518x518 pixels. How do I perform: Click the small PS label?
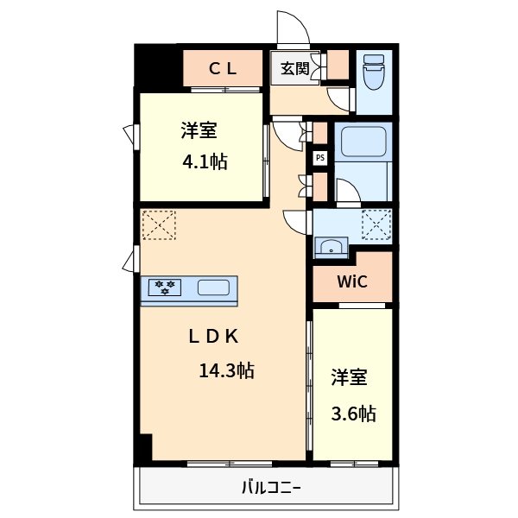coord(320,158)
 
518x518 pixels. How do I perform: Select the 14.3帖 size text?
coord(226,371)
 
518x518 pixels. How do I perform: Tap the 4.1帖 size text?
coord(205,161)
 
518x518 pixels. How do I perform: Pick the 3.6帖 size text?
coord(354,414)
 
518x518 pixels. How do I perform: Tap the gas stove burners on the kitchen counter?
coord(164,287)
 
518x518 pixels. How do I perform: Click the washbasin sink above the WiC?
coord(331,248)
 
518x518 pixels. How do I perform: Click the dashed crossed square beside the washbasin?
coord(376,224)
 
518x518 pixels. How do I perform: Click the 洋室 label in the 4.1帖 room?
coord(199,131)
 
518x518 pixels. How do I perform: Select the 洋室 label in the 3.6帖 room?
coord(350,377)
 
